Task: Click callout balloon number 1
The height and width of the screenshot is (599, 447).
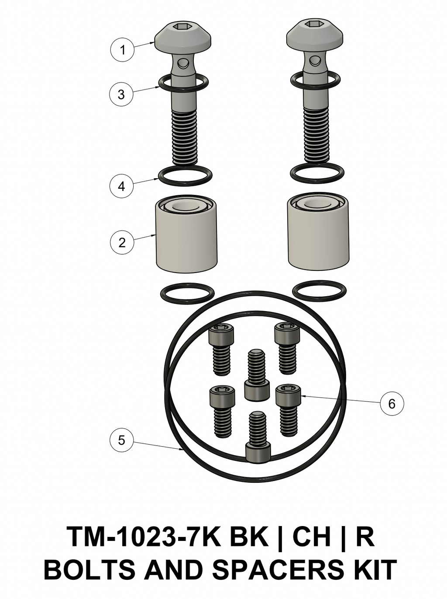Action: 122,49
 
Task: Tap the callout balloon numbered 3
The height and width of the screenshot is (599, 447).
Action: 121,94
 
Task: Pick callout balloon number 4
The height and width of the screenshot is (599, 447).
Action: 121,186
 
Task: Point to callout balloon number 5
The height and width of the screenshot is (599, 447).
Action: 121,440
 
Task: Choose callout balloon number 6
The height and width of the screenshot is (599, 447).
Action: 392,403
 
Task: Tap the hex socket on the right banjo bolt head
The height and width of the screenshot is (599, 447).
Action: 313,24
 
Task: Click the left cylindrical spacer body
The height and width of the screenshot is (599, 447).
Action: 186,240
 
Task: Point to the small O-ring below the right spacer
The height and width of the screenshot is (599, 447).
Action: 320,291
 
